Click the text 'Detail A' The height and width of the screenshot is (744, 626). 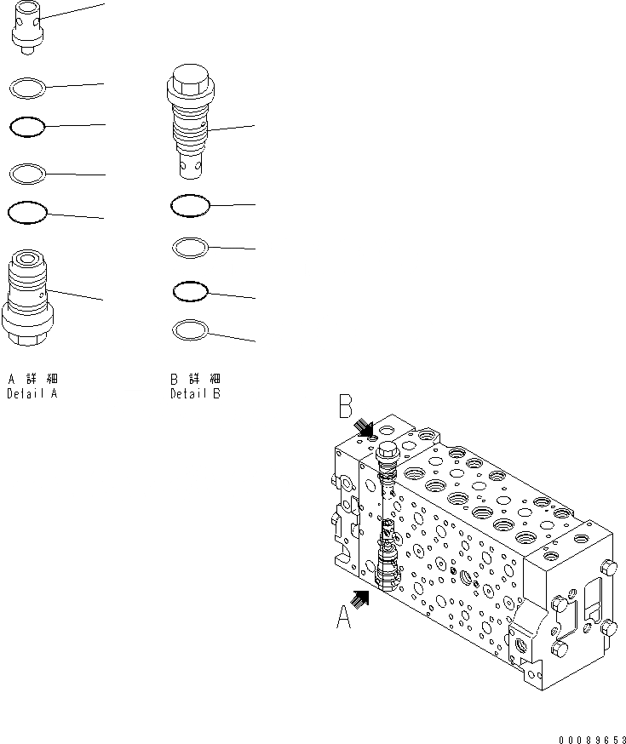[32, 394]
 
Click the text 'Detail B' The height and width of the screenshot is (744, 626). [195, 394]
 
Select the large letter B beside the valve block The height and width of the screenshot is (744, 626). [346, 406]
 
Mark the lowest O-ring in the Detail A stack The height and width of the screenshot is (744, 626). [26, 212]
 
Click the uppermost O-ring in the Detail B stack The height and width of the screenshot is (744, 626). [190, 205]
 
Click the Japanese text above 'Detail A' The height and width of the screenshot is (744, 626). [32, 379]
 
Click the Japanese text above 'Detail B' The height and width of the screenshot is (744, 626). [195, 379]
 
